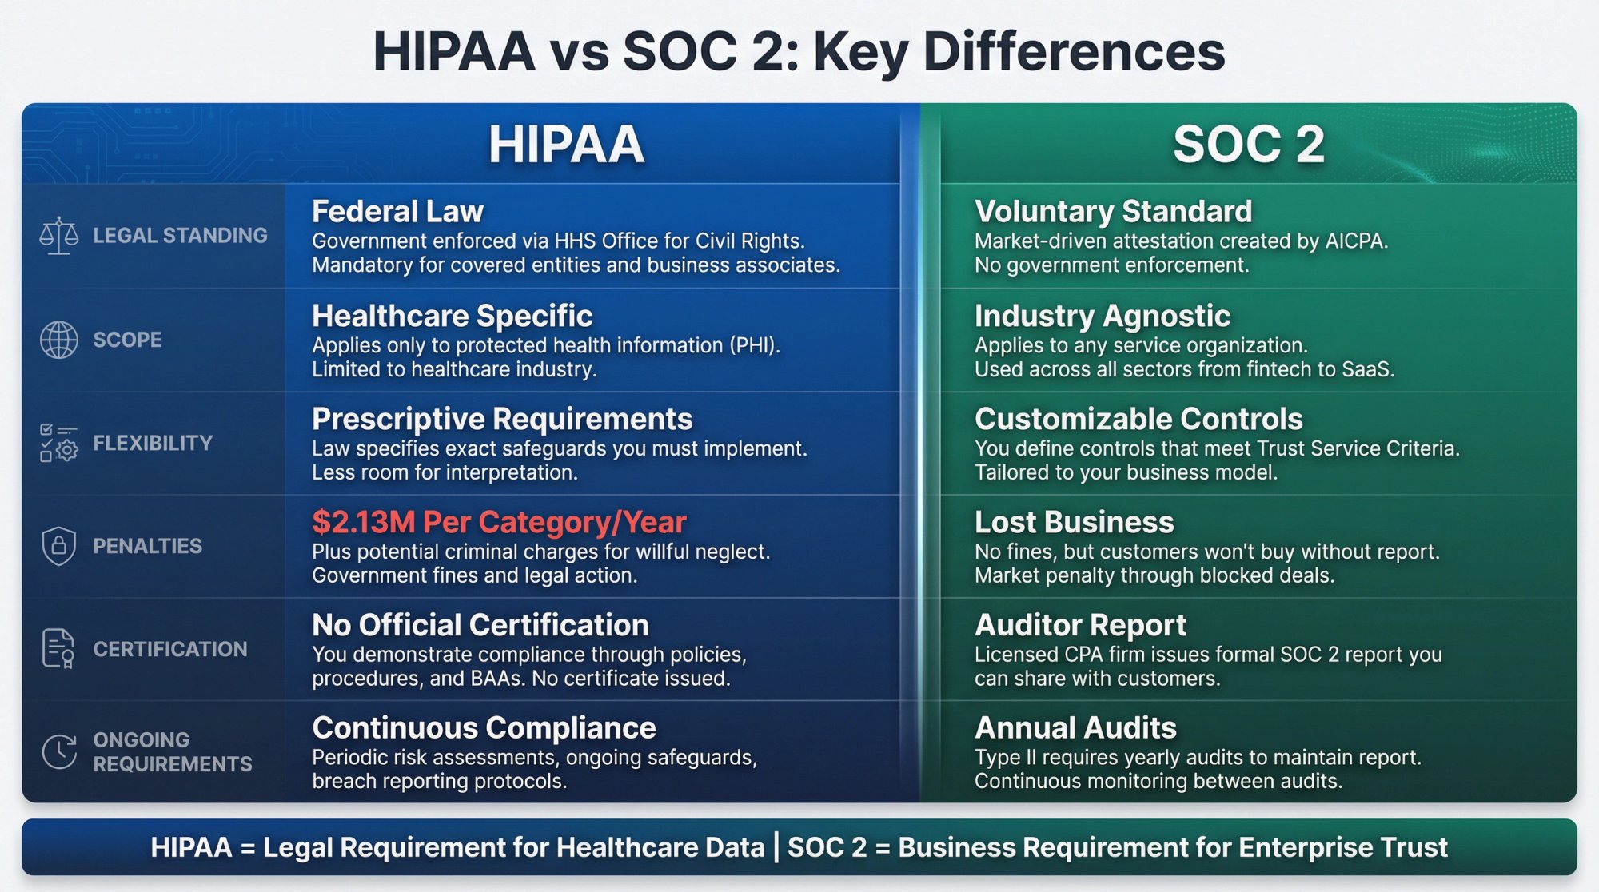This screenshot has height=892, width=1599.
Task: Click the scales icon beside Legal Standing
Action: [59, 236]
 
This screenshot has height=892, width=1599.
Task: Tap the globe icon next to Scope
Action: [59, 340]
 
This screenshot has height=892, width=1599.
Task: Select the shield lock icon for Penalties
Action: [59, 546]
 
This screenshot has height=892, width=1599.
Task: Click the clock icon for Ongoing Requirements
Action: [59, 751]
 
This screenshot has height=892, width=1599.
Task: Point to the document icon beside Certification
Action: [58, 648]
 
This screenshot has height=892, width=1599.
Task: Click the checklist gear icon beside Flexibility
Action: [59, 443]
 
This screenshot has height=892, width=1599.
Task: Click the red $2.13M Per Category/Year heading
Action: [499, 522]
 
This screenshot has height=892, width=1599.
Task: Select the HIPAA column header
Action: [566, 145]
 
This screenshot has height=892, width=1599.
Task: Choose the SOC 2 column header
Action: [1249, 145]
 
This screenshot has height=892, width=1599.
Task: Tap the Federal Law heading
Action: [397, 212]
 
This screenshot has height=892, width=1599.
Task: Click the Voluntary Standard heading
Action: [1113, 212]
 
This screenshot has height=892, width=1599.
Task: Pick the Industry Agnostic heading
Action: [1102, 316]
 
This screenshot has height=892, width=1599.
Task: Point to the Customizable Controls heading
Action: [1138, 419]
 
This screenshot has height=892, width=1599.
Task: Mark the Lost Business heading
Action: [1074, 522]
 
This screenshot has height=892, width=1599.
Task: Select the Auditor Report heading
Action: [1080, 625]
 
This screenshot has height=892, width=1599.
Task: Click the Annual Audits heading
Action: [1075, 728]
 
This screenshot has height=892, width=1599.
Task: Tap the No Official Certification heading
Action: [480, 625]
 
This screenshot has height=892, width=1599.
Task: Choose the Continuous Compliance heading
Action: [484, 728]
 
